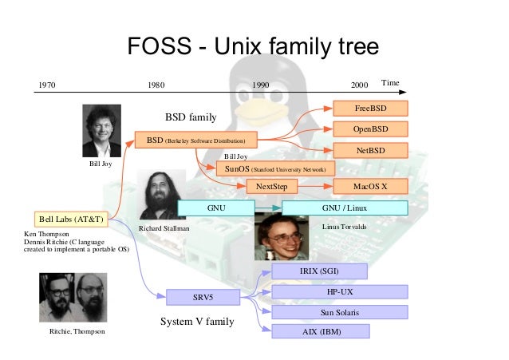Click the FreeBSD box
click(x=370, y=108)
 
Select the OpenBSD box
click(x=370, y=129)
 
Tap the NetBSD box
click(x=370, y=150)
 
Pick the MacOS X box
click(x=370, y=187)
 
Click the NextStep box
click(x=271, y=187)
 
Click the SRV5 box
click(x=203, y=299)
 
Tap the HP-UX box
click(x=340, y=292)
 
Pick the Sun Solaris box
click(x=340, y=312)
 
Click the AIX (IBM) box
click(x=318, y=331)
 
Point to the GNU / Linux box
click(x=345, y=208)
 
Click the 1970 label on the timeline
click(x=48, y=84)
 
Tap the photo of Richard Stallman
click(x=161, y=195)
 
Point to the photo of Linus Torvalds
click(x=281, y=236)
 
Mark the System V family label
click(x=198, y=322)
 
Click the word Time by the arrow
click(x=389, y=82)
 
